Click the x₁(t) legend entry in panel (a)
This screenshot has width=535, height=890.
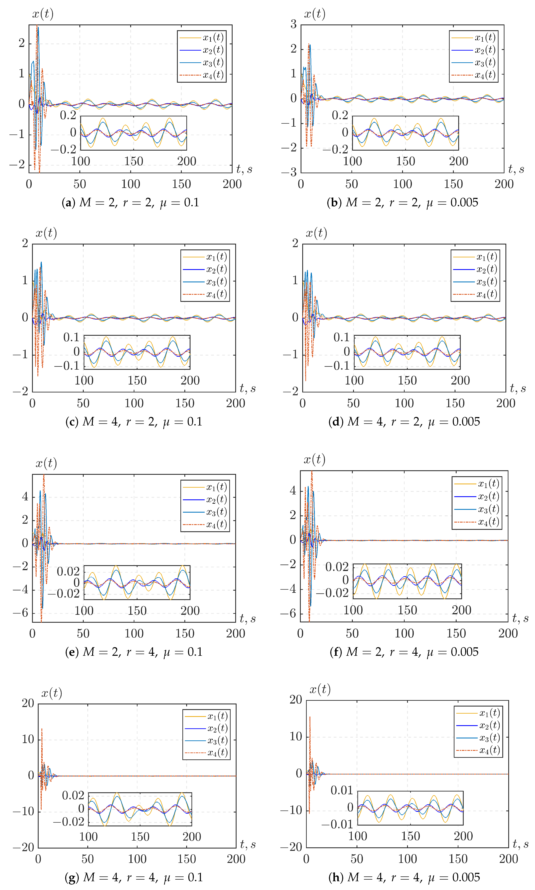coord(213,38)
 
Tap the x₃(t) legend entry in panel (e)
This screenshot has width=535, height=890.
coord(216,512)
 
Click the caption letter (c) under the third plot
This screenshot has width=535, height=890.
coord(72,422)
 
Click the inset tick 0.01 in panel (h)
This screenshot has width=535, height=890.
coord(342,790)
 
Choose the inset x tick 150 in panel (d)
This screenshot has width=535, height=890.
coord(407,380)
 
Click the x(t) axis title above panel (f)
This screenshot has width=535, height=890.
coord(314,459)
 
